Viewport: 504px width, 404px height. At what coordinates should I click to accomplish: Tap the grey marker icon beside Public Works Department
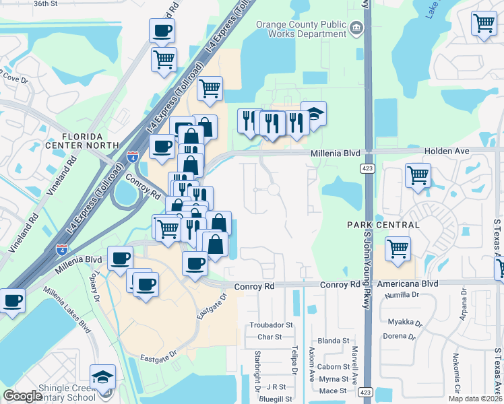[x=356, y=28]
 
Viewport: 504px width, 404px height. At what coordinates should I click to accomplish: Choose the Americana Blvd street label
[x=408, y=285]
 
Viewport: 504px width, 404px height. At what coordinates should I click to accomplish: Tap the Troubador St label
[x=272, y=325]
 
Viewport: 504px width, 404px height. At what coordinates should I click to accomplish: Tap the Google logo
[x=22, y=396]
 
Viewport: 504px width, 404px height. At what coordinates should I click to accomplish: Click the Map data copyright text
[x=475, y=399]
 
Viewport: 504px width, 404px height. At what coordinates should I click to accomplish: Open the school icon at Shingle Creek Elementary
[x=102, y=377]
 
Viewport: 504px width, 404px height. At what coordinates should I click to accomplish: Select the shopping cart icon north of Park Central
[x=418, y=176]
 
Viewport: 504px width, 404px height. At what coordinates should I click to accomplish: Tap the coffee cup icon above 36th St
[x=162, y=30]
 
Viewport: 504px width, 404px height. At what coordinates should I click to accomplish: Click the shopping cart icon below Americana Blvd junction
[x=398, y=248]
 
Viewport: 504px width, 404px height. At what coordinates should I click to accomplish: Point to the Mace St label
[x=333, y=391]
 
